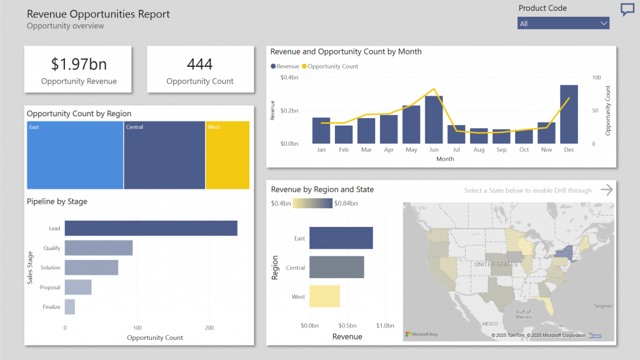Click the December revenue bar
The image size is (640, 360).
[569, 114]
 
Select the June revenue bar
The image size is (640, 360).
[434, 120]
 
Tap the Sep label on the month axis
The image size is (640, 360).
[501, 150]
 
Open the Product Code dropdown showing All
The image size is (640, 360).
[563, 23]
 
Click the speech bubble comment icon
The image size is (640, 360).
[627, 9]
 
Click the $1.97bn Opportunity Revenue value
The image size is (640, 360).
[78, 64]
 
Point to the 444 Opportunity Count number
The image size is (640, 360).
[200, 64]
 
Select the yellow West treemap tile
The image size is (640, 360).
[227, 155]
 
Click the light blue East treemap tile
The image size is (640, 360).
[75, 155]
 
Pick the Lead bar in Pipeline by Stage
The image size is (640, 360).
[151, 228]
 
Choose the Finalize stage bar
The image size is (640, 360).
[70, 307]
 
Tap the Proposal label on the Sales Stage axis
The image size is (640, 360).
[50, 287]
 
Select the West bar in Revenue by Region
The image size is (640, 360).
[324, 296]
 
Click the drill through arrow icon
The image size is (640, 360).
[606, 190]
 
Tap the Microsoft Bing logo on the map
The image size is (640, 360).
[422, 335]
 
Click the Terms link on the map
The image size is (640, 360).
[596, 336]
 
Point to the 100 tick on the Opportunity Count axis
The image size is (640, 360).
[597, 77]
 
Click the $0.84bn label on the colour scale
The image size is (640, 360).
[346, 203]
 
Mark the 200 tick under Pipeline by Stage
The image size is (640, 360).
[209, 327]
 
